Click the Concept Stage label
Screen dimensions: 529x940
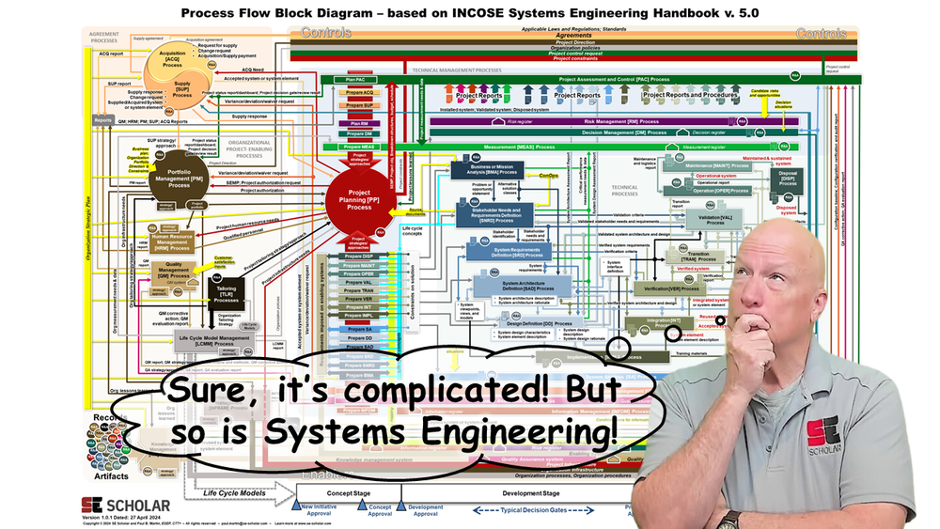[353, 493]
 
